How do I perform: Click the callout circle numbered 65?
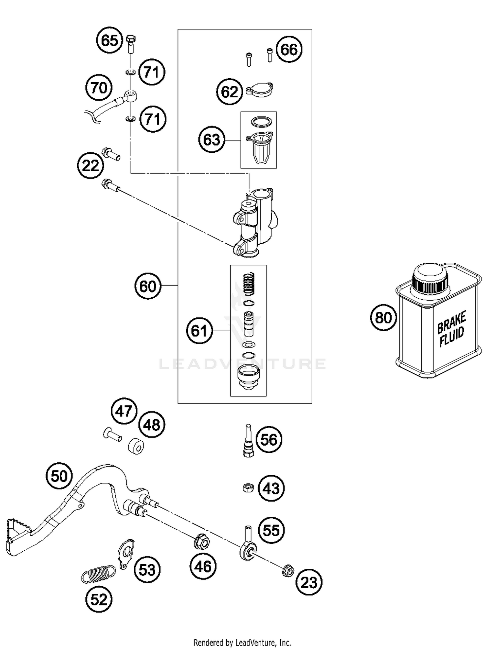coord(110,41)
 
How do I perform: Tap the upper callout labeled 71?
coord(152,72)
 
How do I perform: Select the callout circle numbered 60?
coord(148,286)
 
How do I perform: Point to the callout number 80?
coord(383,317)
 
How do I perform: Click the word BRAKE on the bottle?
coord(451,322)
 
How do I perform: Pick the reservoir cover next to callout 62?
coord(260,90)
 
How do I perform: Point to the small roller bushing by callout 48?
coord(136,446)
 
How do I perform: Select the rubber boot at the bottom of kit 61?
coord(248,376)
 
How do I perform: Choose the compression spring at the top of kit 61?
coord(249,284)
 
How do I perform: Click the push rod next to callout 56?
coord(248,441)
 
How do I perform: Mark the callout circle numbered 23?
coord(309,583)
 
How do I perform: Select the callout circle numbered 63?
coord(211,140)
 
